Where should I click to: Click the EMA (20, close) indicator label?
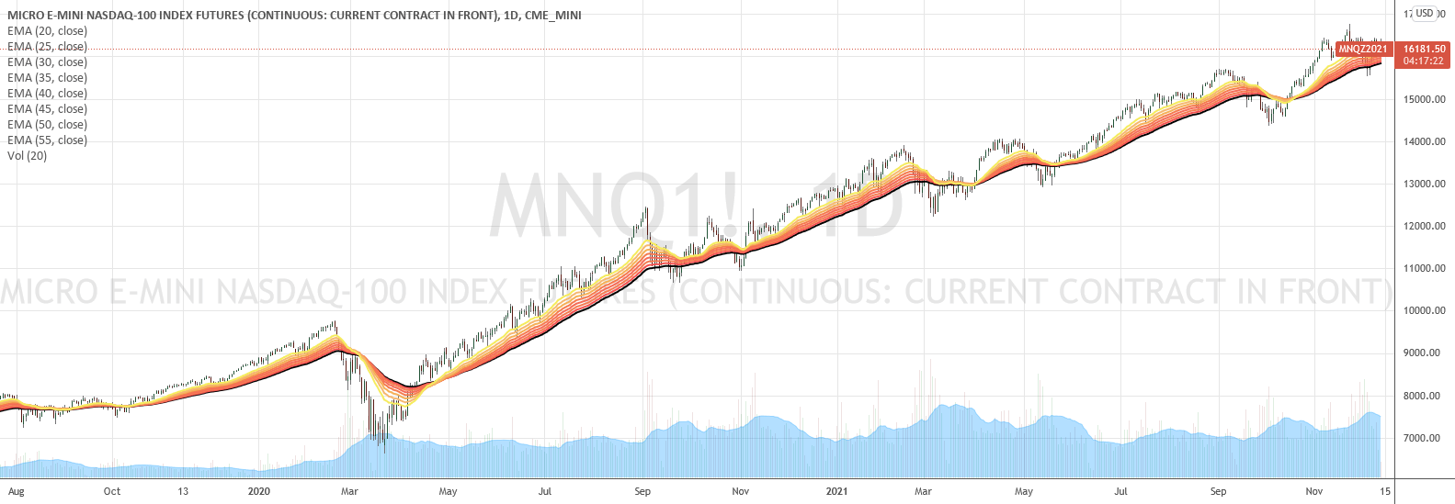[47, 31]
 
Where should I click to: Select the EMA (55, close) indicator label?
[47, 140]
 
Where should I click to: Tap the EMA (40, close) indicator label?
[47, 94]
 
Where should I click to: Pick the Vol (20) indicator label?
[27, 156]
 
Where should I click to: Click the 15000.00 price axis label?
[1422, 99]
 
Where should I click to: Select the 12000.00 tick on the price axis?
[1422, 226]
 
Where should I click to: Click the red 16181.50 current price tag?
[1424, 50]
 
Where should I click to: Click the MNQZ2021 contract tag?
[1362, 50]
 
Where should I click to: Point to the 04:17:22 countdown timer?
[1424, 62]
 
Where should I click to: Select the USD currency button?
[1425, 13]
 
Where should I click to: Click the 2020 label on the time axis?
[259, 491]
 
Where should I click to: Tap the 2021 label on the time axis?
[836, 491]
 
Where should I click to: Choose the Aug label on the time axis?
[16, 491]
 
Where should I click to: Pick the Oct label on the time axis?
[112, 491]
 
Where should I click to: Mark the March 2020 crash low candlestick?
[383, 445]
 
